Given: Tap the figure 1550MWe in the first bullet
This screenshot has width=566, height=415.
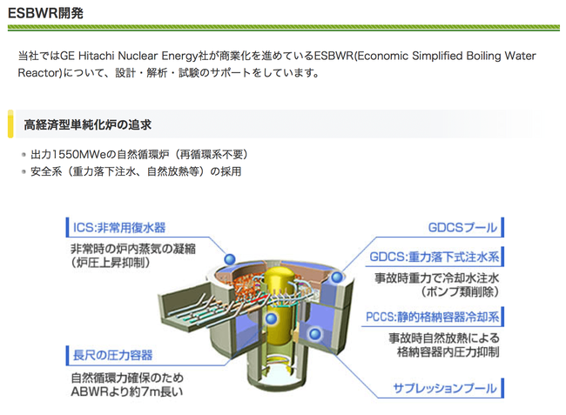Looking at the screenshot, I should [77, 154].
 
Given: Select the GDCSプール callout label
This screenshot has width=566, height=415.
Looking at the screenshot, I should [462, 228].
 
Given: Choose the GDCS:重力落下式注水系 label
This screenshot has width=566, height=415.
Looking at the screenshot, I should [434, 258].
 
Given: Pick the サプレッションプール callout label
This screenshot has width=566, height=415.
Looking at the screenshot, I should [444, 388].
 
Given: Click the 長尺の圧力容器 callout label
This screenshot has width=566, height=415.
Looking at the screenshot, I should [111, 355].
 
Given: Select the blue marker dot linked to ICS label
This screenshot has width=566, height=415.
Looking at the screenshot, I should [230, 259].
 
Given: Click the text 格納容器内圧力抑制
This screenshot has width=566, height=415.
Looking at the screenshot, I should [444, 351].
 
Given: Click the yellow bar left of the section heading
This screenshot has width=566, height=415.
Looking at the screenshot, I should [10, 124].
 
